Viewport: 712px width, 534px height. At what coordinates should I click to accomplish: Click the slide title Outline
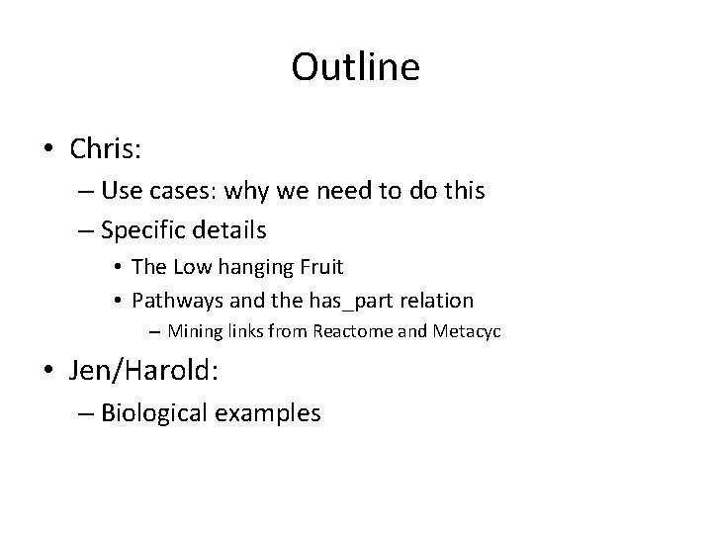click(x=355, y=67)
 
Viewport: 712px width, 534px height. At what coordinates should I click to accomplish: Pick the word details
click(x=230, y=231)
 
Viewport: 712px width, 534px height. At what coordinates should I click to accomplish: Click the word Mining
click(x=194, y=331)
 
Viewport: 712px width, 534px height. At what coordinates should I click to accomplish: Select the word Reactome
click(x=353, y=331)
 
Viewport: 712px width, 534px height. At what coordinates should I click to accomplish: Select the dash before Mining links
click(x=156, y=331)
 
